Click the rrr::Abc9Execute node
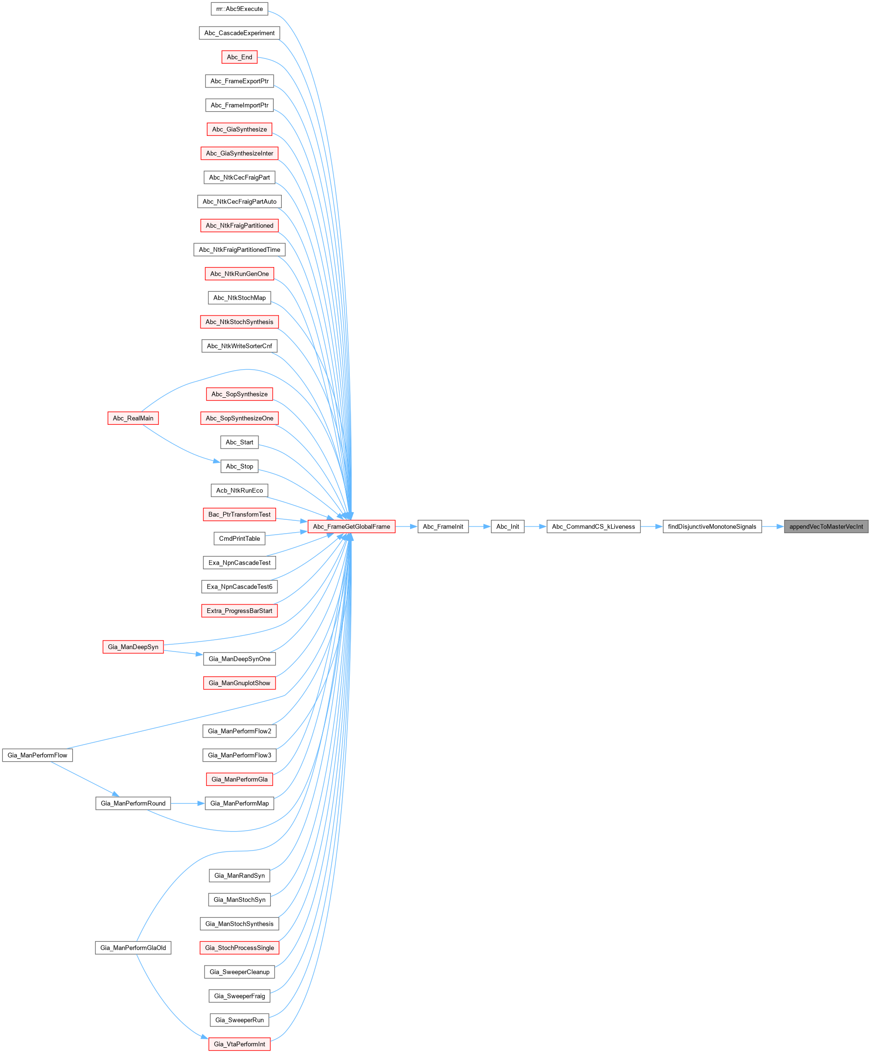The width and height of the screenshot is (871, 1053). click(239, 9)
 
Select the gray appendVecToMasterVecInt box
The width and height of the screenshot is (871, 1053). click(826, 526)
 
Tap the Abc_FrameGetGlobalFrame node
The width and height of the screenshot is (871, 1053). click(351, 526)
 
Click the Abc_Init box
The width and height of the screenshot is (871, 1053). click(507, 526)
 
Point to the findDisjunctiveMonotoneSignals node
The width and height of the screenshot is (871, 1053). click(711, 526)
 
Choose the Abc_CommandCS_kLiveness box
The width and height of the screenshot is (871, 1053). click(593, 526)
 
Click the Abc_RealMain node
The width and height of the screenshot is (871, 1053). click(133, 418)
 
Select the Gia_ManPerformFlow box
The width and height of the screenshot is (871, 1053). click(37, 755)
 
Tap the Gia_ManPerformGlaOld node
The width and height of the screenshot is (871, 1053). click(133, 948)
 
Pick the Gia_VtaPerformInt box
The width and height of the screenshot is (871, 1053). click(239, 1044)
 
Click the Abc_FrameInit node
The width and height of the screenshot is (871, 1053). click(443, 526)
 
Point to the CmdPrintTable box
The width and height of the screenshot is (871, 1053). click(239, 538)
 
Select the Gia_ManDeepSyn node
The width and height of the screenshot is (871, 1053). click(133, 647)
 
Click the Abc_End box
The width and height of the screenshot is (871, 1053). click(239, 57)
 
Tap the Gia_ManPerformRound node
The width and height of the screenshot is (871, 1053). click(133, 803)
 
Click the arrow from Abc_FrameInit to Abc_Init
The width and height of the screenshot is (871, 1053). click(480, 526)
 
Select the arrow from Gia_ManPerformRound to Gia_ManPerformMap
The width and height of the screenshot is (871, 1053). click(188, 803)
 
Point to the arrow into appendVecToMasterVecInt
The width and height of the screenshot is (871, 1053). click(773, 526)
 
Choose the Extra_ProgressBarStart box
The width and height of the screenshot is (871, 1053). click(239, 611)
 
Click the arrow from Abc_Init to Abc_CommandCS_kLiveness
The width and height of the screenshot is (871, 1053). click(536, 526)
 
